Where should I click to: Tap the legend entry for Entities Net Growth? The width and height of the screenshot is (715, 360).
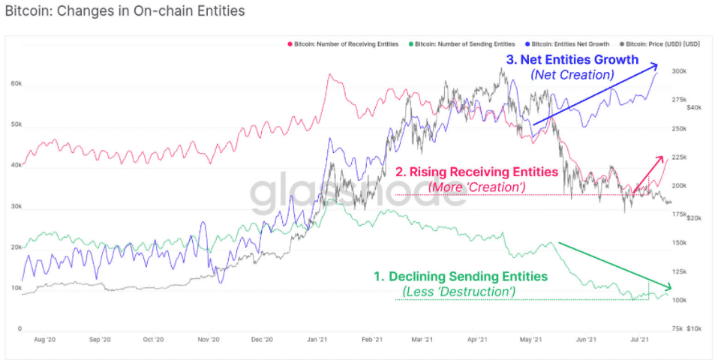click(x=571, y=44)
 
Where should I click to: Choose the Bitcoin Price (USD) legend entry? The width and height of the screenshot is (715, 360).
click(x=662, y=44)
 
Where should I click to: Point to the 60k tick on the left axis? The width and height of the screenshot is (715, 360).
click(x=15, y=84)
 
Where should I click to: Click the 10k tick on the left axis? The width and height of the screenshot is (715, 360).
click(x=15, y=288)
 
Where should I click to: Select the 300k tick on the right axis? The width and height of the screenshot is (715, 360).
click(x=680, y=71)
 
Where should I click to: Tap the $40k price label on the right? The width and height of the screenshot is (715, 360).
click(x=694, y=107)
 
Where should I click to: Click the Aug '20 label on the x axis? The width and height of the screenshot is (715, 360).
click(x=45, y=340)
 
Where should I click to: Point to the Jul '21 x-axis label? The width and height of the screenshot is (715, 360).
click(x=639, y=340)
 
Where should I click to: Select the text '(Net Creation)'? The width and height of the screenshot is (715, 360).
click(x=572, y=75)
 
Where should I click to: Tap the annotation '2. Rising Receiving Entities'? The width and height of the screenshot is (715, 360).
click(x=477, y=172)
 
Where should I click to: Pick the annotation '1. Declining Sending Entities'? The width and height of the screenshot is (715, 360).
click(x=461, y=277)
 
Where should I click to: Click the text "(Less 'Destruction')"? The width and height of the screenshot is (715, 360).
click(x=459, y=291)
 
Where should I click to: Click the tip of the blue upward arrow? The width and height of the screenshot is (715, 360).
click(x=659, y=63)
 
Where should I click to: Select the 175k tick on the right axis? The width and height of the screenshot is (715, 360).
click(x=680, y=214)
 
